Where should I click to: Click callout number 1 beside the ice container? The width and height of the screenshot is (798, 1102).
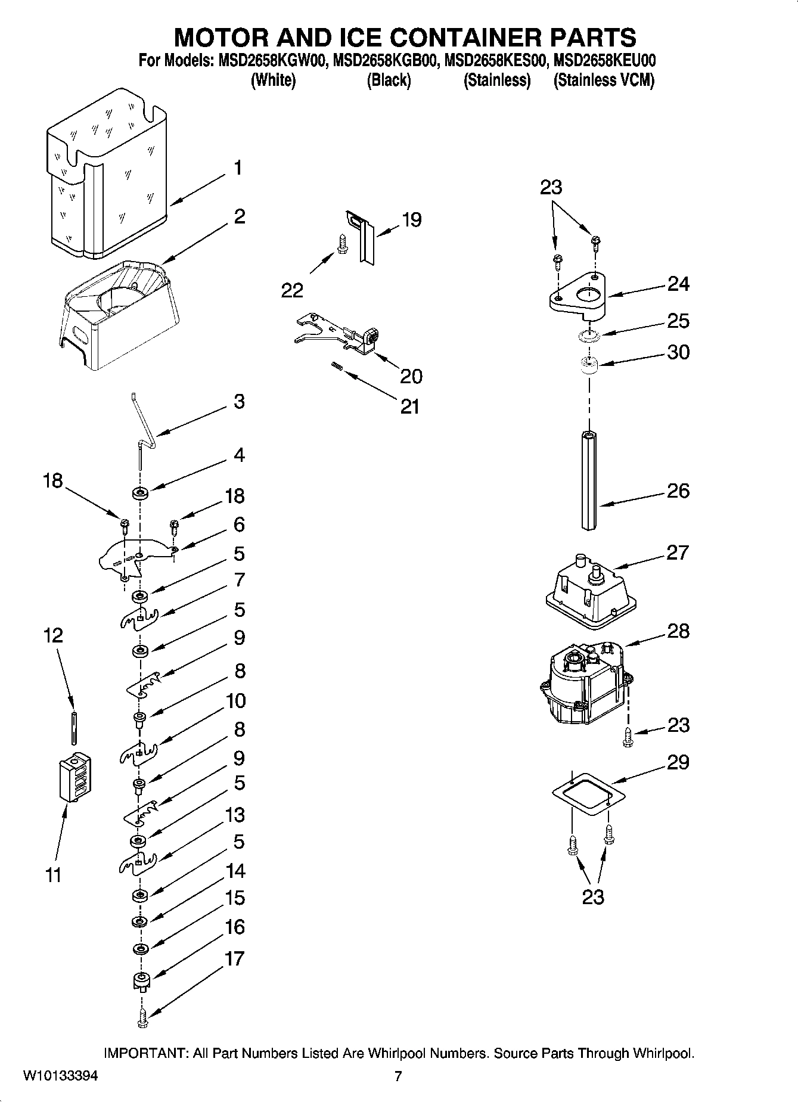[x=237, y=168]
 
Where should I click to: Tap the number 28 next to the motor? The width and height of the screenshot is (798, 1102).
[x=678, y=631]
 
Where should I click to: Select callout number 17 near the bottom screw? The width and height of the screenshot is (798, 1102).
[x=235, y=958]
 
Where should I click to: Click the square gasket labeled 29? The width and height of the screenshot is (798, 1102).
[x=588, y=794]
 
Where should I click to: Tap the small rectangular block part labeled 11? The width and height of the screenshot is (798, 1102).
[x=75, y=777]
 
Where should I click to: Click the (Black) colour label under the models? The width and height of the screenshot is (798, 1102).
[x=388, y=80]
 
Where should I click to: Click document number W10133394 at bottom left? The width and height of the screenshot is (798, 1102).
[x=61, y=1076]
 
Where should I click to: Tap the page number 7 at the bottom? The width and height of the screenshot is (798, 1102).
[x=398, y=1076]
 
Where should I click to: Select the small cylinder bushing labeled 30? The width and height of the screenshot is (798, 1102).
[x=589, y=365]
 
